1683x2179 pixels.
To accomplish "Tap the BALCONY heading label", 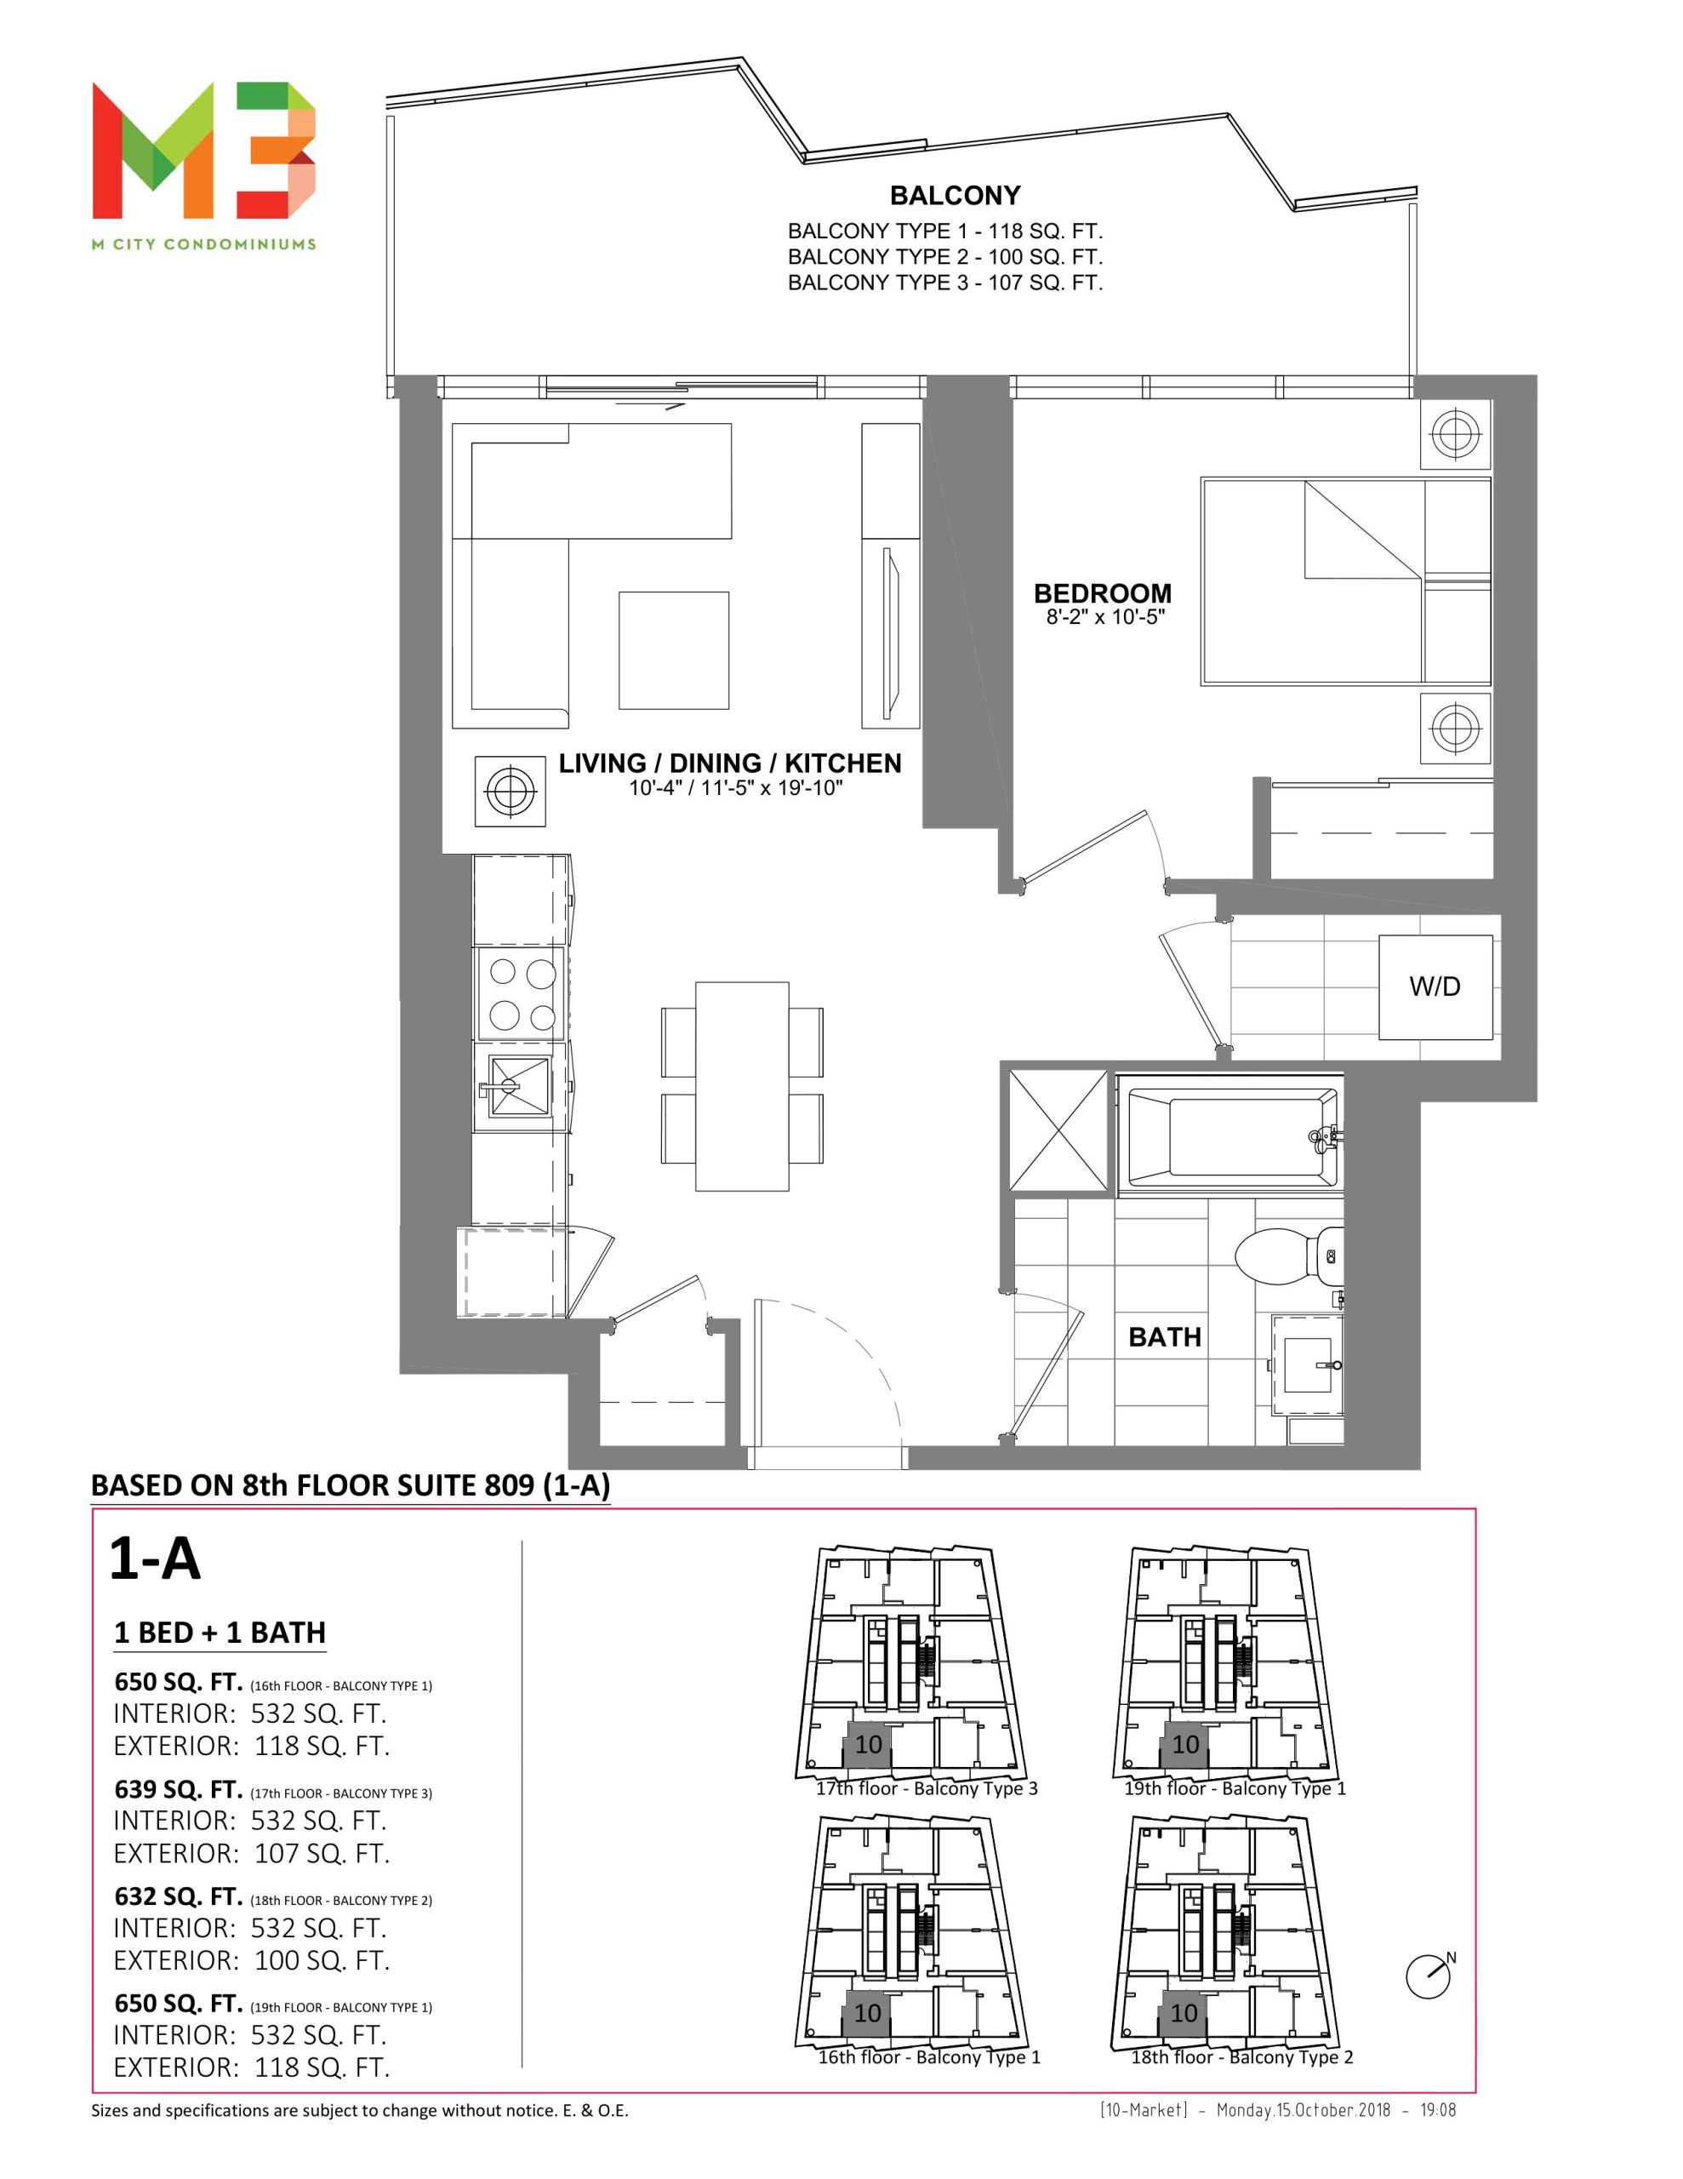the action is tap(955, 196).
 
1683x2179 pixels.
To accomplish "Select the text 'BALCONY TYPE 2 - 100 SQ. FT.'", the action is tap(944, 257).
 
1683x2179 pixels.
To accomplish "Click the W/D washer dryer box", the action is tap(1435, 987).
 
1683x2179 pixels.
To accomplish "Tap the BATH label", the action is tap(1164, 1337).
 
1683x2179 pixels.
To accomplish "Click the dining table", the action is tap(741, 1086).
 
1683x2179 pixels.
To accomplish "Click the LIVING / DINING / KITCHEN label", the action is tap(730, 764).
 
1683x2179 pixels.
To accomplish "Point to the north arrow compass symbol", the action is tap(1429, 1976).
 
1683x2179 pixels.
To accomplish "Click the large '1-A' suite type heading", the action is tap(155, 1558).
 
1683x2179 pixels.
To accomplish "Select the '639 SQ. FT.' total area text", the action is tap(179, 1790).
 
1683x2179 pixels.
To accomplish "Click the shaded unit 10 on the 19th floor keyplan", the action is tap(1184, 1745).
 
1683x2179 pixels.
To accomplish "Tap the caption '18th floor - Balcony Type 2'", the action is tap(1241, 2057).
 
